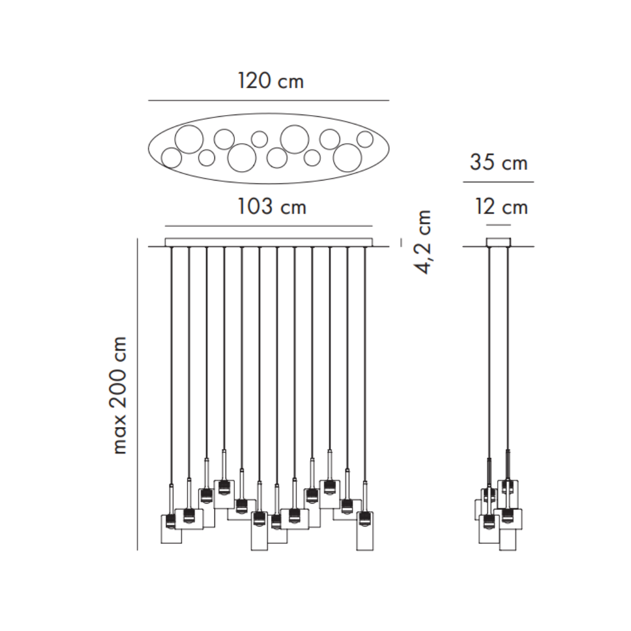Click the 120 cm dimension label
[x=271, y=81]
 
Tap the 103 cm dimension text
[x=272, y=206]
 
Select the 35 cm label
[x=498, y=162]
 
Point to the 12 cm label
[x=501, y=207]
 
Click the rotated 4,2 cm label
[x=424, y=241]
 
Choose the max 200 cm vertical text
[x=119, y=395]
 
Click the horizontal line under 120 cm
[x=268, y=100]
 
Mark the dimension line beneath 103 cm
[x=269, y=226]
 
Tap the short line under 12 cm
[x=498, y=225]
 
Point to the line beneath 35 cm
[x=498, y=182]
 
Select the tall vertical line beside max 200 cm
[x=137, y=394]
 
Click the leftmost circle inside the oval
[x=171, y=158]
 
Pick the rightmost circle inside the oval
[x=365, y=139]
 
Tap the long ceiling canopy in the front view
[x=269, y=242]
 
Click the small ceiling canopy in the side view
[x=498, y=242]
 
